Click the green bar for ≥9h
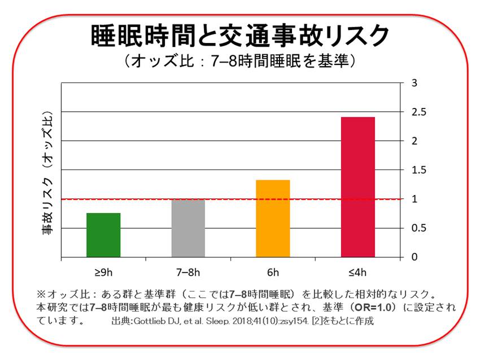(103, 235)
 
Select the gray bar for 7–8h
(188, 228)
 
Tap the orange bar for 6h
(273, 219)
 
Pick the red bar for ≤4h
(358, 187)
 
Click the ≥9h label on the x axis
(103, 272)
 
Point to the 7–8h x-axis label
(188, 272)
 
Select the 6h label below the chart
(273, 272)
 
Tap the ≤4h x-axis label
(358, 272)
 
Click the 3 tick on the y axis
(414, 83)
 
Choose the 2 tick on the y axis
(414, 141)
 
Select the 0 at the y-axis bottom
(414, 257)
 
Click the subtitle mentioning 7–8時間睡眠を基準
(240, 61)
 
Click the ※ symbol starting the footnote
(41, 294)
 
